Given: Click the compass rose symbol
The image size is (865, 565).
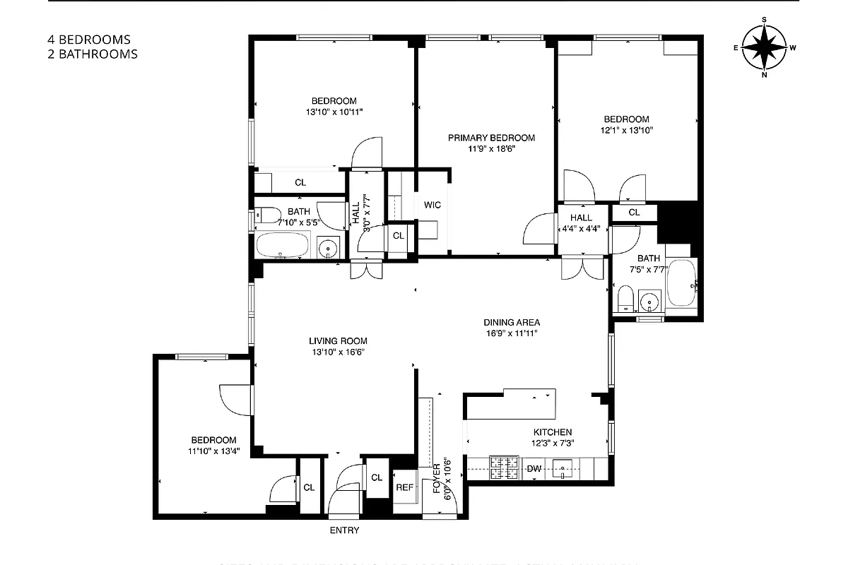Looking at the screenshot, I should point(765,47).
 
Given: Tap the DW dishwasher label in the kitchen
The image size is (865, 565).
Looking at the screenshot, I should point(535,468).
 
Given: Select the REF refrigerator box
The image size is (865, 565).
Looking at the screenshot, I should point(404,487).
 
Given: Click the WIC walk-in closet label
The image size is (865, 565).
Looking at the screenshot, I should point(432,205).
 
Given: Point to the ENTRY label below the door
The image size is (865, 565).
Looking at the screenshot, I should point(344,530).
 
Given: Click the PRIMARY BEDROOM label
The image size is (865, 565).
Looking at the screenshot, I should point(491,138).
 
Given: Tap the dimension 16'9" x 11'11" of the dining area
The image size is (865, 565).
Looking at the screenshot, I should point(512,333).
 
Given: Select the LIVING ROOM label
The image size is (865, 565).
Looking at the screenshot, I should point(338,340).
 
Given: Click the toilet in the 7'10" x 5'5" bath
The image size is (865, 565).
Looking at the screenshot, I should point(266,215).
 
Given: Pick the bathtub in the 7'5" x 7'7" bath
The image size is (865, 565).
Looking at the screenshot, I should point(681,283).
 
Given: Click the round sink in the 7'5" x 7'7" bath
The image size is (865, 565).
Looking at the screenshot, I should point(649,302).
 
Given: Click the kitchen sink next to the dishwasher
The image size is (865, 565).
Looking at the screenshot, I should point(563,467).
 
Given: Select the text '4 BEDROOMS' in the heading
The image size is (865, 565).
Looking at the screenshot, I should point(89,40).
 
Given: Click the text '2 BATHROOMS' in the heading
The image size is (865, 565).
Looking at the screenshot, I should point(93,54).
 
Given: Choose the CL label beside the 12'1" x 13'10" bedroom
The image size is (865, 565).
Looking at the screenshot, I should point(634,213).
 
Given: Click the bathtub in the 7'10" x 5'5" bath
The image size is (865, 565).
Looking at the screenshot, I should point(282,246).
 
